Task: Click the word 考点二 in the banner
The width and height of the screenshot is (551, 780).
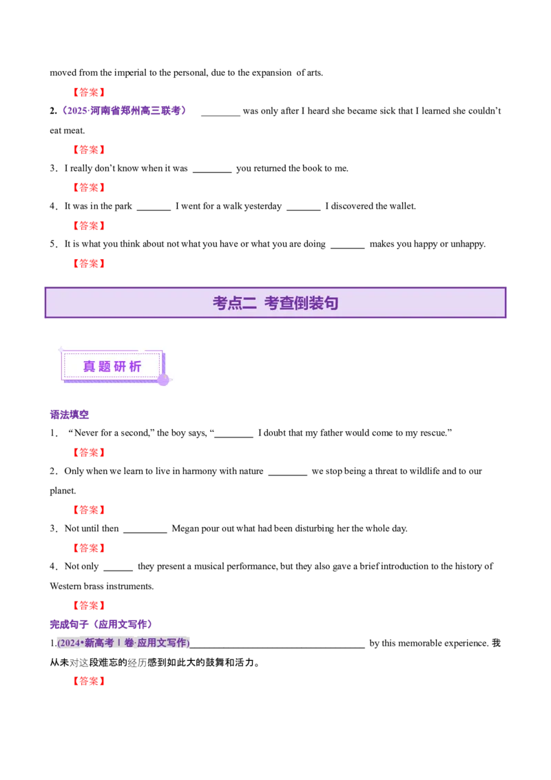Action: tap(234, 303)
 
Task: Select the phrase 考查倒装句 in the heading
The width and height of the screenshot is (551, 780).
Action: tap(301, 303)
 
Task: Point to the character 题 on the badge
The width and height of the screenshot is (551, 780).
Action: tap(105, 367)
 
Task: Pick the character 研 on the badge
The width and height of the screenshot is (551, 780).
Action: tap(120, 367)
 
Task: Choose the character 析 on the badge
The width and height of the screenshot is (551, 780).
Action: tap(135, 367)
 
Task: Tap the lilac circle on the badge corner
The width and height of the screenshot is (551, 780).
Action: tap(163, 380)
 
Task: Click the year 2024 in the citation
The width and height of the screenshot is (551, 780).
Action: tap(70, 643)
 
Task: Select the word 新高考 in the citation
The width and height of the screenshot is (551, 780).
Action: tap(99, 643)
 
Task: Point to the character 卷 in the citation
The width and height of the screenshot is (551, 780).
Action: tap(129, 643)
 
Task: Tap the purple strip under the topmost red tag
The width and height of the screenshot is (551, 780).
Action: tap(124, 110)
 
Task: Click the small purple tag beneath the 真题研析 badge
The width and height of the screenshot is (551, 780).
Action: tap(71, 415)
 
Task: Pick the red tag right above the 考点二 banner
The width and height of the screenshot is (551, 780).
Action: tap(88, 263)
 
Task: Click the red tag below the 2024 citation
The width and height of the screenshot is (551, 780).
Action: tap(88, 681)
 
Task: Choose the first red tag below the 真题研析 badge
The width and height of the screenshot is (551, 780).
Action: tap(88, 452)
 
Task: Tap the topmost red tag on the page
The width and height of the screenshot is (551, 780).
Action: tap(88, 92)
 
